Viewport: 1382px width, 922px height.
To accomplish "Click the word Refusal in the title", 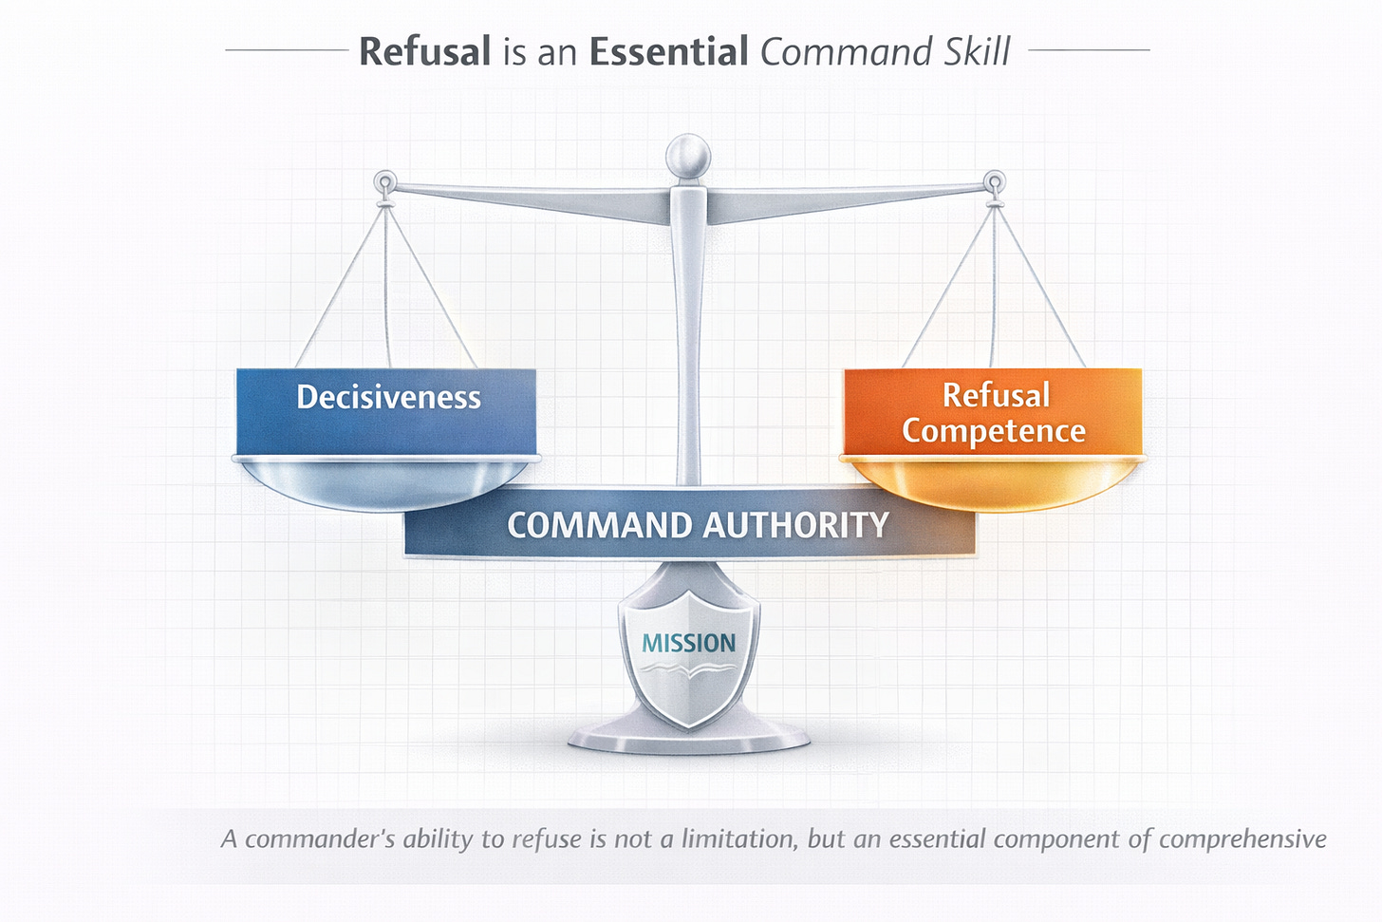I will [424, 51].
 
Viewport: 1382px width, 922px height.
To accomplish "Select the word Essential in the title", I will [668, 51].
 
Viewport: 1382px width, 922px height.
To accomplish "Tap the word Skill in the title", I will [977, 51].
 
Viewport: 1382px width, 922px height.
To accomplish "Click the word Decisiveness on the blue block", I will [388, 397].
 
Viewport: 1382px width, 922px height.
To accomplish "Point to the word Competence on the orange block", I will [993, 431].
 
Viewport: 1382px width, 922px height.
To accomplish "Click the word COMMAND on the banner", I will [599, 525].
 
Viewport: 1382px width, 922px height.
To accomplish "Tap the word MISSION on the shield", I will [688, 643].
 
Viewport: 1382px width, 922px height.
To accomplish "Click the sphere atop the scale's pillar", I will [688, 155].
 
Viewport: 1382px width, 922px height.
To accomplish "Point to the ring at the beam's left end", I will [384, 180].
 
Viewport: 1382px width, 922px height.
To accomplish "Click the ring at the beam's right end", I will [994, 180].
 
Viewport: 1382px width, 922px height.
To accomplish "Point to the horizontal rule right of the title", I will [1089, 49].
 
